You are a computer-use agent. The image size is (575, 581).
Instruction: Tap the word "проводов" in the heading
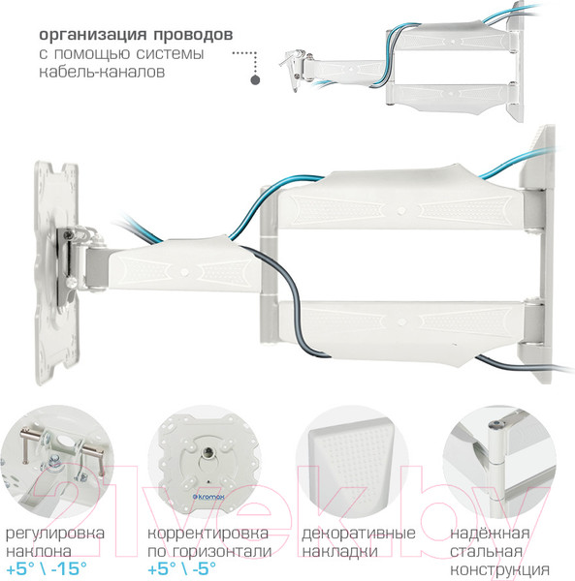coord(193,35)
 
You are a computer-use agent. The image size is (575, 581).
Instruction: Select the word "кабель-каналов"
coord(102,72)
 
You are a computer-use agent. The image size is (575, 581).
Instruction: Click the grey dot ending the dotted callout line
coord(255,79)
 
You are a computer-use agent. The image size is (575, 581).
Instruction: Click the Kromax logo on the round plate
coord(208,497)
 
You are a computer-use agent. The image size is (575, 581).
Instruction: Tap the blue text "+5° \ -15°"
coord(47,568)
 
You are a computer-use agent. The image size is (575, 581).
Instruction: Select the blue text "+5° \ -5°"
coord(181,568)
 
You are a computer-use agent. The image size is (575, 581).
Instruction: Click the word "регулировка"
coord(55,535)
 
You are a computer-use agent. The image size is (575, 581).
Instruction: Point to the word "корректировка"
coord(208,534)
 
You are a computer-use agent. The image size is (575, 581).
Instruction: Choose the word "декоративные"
coord(359,534)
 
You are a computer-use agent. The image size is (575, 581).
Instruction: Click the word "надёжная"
coord(490,534)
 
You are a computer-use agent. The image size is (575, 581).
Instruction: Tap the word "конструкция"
coord(499,569)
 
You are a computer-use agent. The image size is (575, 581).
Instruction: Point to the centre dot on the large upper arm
coord(400,211)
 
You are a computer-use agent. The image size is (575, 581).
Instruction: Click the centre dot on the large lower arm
coord(400,321)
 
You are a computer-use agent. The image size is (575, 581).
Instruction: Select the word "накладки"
coord(339,551)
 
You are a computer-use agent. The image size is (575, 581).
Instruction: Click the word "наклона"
coord(39,551)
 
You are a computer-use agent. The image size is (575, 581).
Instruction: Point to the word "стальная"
coord(486,551)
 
